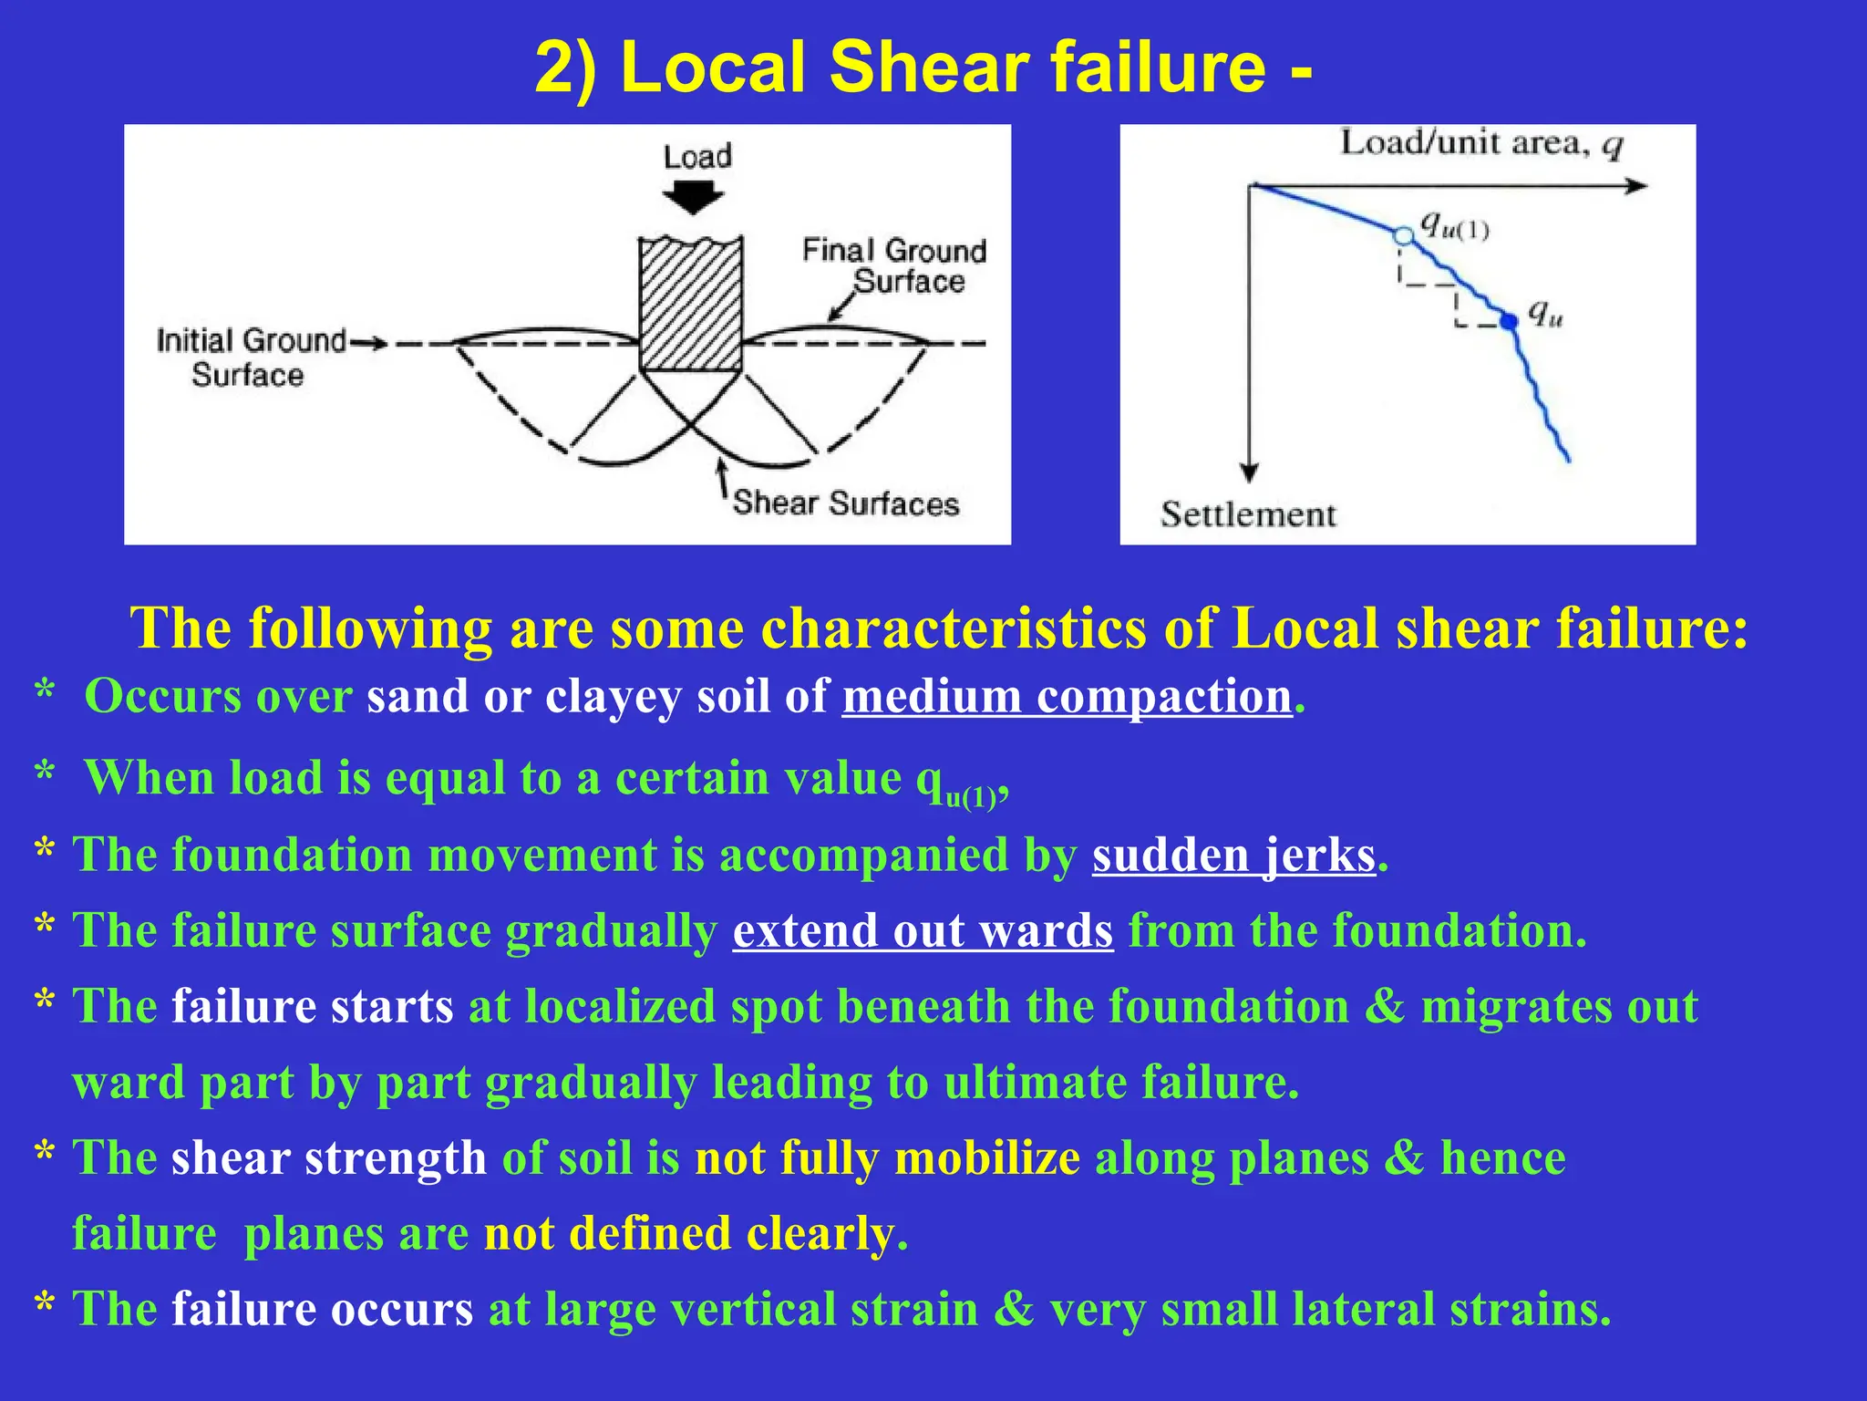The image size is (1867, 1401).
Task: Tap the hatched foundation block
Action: click(x=690, y=304)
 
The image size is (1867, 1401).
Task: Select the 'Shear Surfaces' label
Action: click(x=846, y=503)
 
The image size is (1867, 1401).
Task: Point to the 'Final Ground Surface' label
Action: click(x=893, y=265)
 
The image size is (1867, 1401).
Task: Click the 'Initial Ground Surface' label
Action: click(x=250, y=358)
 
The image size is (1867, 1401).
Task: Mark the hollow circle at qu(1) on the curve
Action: click(x=1404, y=236)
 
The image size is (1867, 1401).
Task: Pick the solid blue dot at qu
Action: click(x=1509, y=321)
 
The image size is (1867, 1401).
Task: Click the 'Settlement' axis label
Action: click(x=1247, y=515)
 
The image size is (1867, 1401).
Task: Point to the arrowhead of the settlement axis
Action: click(x=1250, y=472)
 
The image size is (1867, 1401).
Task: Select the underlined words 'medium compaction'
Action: click(x=1067, y=697)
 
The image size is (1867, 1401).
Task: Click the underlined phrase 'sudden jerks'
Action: click(x=1233, y=856)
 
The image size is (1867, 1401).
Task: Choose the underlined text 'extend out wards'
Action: click(x=923, y=931)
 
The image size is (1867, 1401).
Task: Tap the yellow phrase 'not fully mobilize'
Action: click(x=887, y=1158)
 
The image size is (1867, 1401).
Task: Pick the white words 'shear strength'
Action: click(x=329, y=1158)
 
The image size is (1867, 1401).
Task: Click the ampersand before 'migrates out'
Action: click(x=1385, y=1007)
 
